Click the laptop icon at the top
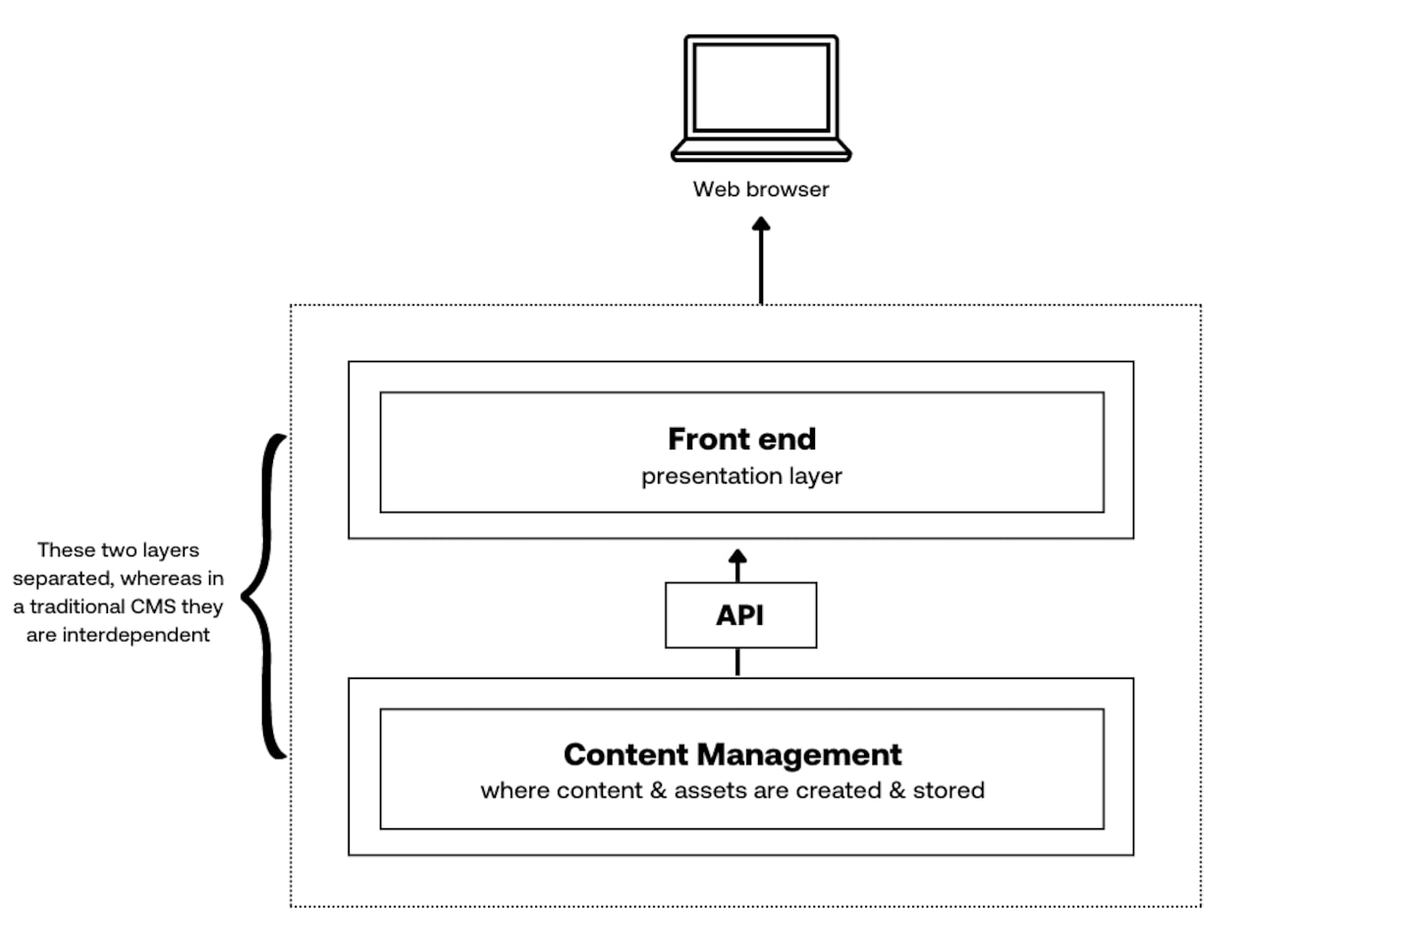761,98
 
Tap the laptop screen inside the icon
761,87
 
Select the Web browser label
761,189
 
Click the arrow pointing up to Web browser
761,260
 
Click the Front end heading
741,439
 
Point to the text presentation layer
741,477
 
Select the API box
740,615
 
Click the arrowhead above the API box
738,558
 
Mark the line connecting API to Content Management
738,662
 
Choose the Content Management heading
733,755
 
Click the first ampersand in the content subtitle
658,791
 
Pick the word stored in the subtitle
949,791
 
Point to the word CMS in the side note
153,606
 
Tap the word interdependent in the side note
136,635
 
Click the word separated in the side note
62,578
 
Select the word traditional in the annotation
78,606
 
